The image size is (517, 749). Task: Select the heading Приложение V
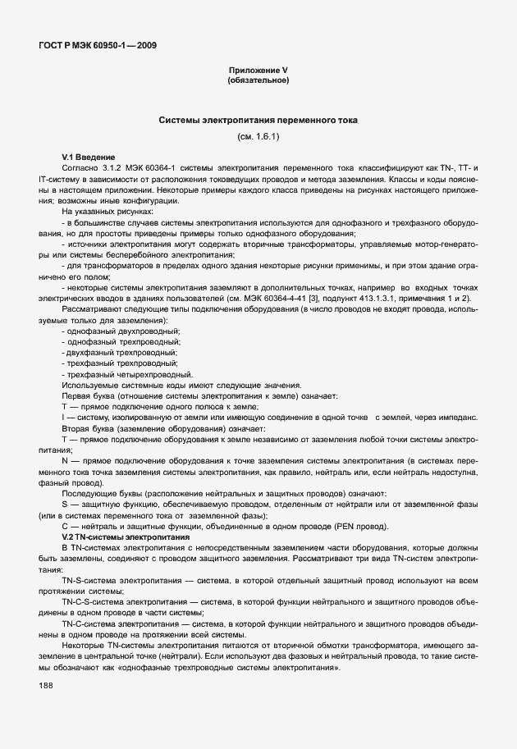click(258, 71)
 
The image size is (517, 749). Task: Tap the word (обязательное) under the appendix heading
click(258, 80)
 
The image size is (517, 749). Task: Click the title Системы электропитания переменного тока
click(258, 120)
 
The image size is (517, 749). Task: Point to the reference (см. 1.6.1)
click(258, 135)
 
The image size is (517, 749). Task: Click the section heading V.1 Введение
click(89, 157)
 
